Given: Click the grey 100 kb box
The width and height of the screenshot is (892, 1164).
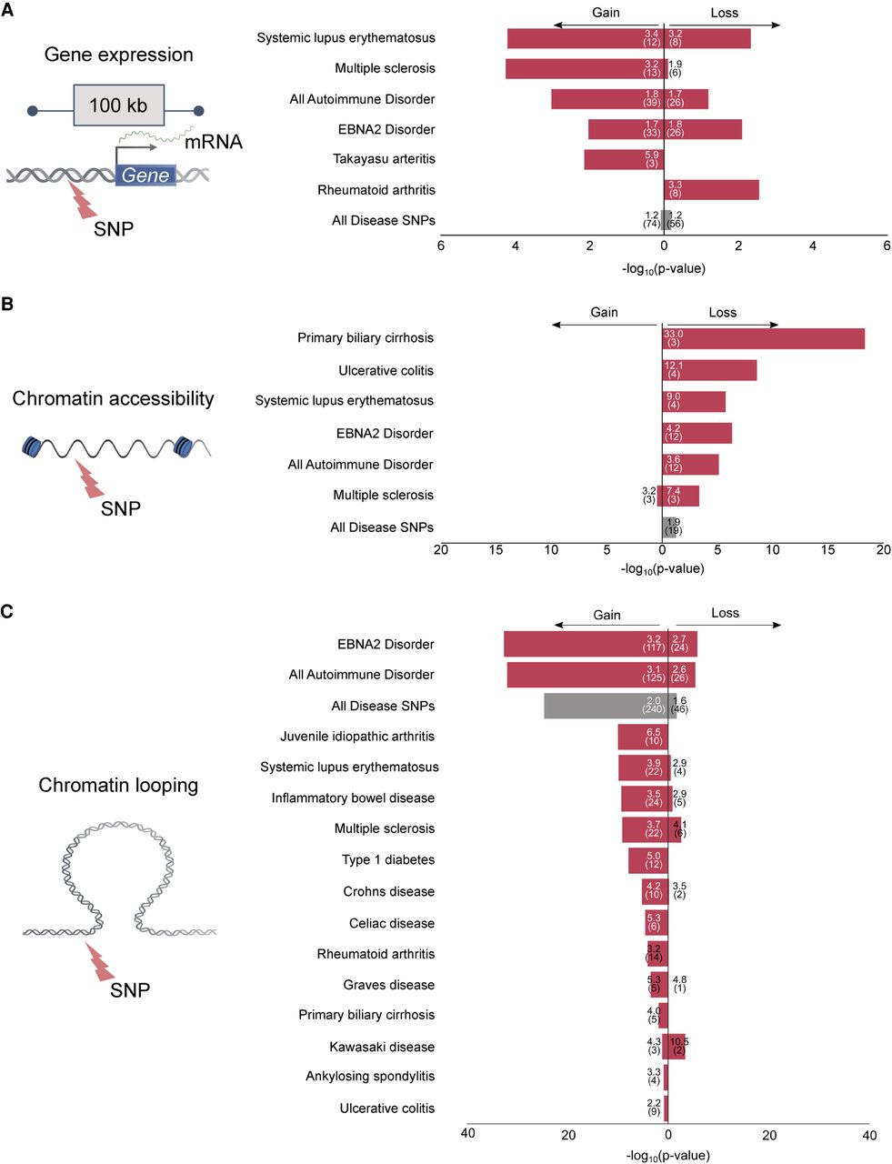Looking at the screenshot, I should [118, 105].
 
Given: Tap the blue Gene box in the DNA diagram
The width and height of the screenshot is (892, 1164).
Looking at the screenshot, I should [145, 175].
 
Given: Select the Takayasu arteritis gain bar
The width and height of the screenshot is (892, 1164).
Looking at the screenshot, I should [624, 159].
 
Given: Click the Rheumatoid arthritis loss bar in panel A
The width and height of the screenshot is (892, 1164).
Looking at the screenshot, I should [711, 189].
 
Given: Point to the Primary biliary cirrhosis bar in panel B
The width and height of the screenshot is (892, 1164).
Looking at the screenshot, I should [764, 338].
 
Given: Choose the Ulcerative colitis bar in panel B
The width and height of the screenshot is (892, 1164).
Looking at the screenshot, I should [709, 370].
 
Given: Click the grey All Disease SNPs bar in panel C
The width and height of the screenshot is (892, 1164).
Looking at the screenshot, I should [606, 706].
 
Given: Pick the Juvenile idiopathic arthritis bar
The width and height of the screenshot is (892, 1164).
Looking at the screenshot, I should [643, 737].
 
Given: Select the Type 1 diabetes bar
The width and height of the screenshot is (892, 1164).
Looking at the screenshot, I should [648, 860].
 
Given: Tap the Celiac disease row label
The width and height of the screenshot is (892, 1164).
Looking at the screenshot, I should [391, 923].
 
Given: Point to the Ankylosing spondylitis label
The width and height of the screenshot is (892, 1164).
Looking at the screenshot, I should [370, 1077].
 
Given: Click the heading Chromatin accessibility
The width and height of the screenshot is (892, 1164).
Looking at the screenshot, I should [113, 398].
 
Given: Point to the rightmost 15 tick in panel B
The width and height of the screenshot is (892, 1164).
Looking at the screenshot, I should [828, 549].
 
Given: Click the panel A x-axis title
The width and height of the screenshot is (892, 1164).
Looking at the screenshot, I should [664, 269].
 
